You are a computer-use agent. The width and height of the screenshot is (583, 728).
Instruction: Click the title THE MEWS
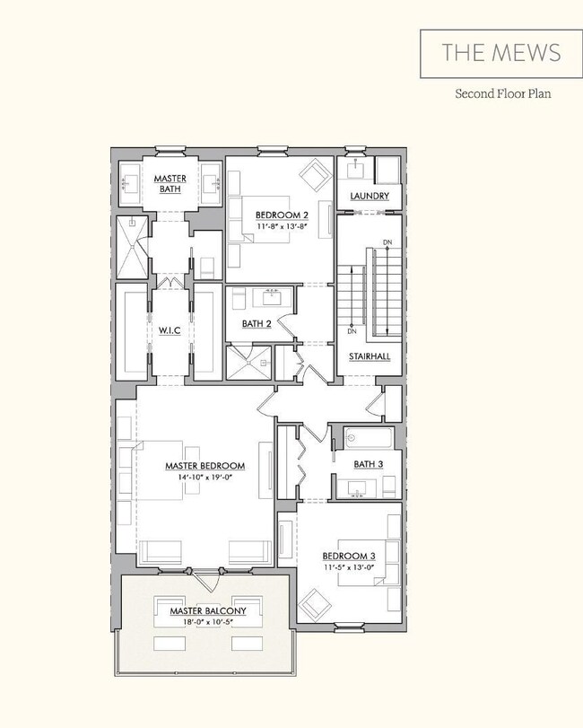[500, 52]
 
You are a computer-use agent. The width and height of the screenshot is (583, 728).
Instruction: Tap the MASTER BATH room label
[170, 183]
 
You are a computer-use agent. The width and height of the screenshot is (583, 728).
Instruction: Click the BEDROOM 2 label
[282, 215]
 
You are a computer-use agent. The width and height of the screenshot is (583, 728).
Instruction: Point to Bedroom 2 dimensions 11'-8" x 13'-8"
[282, 227]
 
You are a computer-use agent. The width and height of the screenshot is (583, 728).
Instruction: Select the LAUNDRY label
[369, 196]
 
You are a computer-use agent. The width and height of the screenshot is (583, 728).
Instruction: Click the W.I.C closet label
[170, 329]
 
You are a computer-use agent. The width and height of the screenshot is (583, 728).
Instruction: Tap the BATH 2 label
[257, 323]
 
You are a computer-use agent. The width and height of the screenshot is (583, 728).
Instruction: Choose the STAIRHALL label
[369, 356]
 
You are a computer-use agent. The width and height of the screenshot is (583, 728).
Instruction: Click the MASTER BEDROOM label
[204, 466]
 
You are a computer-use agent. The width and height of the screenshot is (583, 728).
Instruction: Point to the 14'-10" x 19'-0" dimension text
[204, 478]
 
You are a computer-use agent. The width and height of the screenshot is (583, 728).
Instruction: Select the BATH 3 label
[368, 463]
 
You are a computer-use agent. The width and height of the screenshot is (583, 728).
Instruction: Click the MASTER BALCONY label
[207, 611]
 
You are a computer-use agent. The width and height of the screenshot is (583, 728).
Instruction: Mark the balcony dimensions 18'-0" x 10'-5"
[207, 622]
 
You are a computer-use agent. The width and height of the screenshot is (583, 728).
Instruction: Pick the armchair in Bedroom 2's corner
[314, 172]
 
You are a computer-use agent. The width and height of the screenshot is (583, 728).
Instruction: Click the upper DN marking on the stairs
[386, 243]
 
